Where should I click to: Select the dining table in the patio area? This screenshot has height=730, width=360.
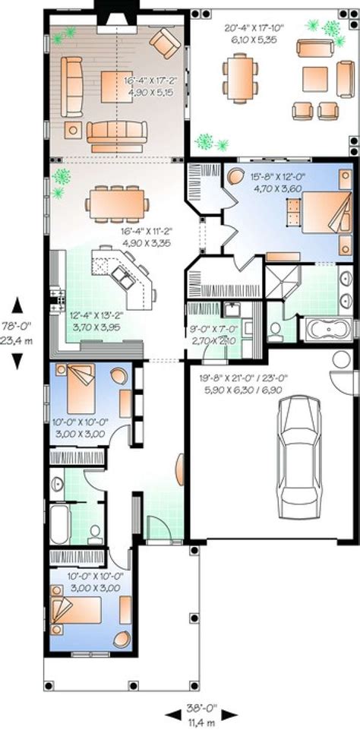pyautogui.click(x=239, y=75)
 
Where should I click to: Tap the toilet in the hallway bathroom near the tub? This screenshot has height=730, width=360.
pyautogui.click(x=94, y=530)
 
